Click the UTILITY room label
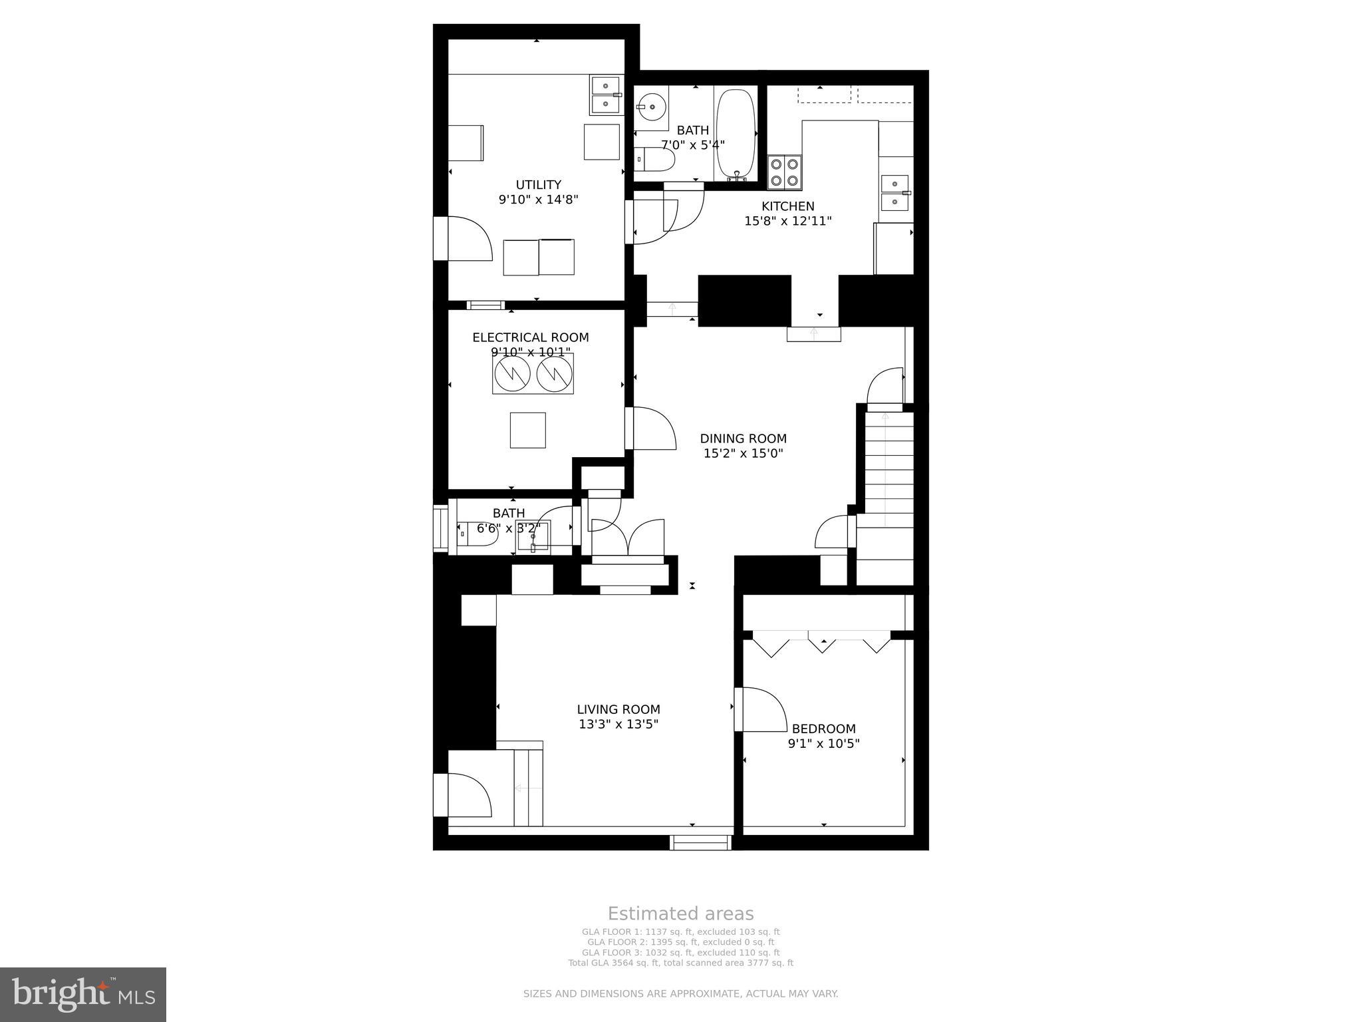pyautogui.click(x=538, y=185)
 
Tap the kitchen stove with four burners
pyautogui.click(x=785, y=171)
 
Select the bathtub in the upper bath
pyautogui.click(x=736, y=134)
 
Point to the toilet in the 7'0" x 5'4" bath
pyautogui.click(x=654, y=160)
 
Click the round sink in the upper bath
pyautogui.click(x=650, y=106)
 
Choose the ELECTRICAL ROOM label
pyautogui.click(x=530, y=337)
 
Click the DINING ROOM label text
pyautogui.click(x=743, y=438)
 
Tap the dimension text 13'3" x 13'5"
pyautogui.click(x=618, y=724)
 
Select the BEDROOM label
pyautogui.click(x=823, y=729)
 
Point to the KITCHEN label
pyautogui.click(x=787, y=206)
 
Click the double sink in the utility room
pyautogui.click(x=606, y=94)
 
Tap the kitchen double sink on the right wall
pyautogui.click(x=894, y=192)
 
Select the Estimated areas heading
pyautogui.click(x=680, y=914)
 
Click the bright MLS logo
pyautogui.click(x=83, y=994)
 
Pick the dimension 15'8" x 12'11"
pyautogui.click(x=787, y=221)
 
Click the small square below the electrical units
pyautogui.click(x=527, y=430)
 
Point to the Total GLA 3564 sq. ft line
pyautogui.click(x=680, y=962)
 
